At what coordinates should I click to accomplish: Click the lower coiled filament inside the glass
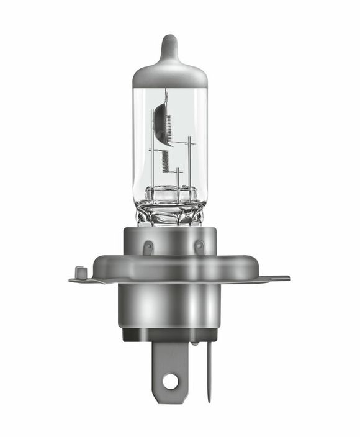click(x=165, y=160)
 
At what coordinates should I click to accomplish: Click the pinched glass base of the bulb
click(x=170, y=208)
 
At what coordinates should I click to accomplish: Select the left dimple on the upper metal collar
click(x=148, y=248)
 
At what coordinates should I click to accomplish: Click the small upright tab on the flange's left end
click(x=79, y=272)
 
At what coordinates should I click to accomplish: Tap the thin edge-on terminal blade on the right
click(x=209, y=372)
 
